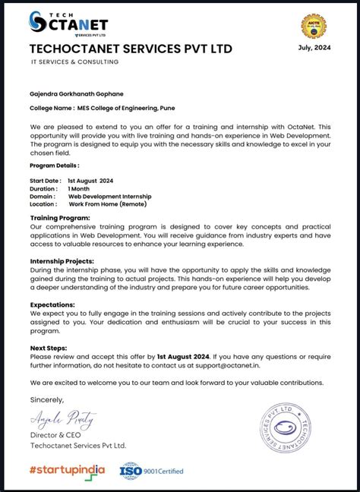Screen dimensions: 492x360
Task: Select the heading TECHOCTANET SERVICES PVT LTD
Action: pos(131,49)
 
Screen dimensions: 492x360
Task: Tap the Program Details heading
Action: pos(54,165)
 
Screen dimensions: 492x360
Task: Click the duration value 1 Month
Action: pos(79,188)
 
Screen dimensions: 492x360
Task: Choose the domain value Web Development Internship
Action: pos(114,197)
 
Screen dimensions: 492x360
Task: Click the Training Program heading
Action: pos(60,218)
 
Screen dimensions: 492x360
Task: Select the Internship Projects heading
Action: pos(62,260)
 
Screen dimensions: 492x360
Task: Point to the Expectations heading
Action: pos(52,304)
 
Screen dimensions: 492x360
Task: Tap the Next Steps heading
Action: pos(48,347)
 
